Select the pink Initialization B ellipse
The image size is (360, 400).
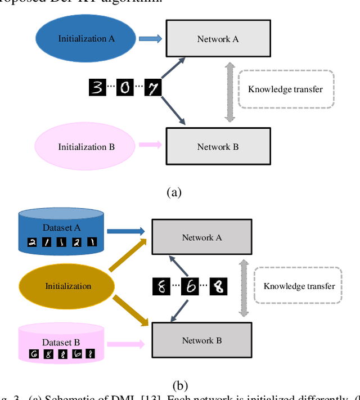pyautogui.click(x=86, y=146)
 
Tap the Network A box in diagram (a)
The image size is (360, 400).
pyautogui.click(x=218, y=39)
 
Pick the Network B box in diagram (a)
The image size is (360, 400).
pyautogui.click(x=218, y=146)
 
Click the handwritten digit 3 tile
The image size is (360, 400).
pyautogui.click(x=97, y=88)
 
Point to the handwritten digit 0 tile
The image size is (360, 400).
pyautogui.click(x=125, y=88)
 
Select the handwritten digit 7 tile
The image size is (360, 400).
pyautogui.click(x=152, y=88)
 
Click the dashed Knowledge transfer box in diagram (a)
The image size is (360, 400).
pyautogui.click(x=286, y=89)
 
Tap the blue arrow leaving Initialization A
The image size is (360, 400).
pyautogui.click(x=150, y=38)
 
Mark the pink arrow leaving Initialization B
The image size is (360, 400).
pyautogui.click(x=150, y=145)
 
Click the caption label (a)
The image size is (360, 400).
pyautogui.click(x=174, y=192)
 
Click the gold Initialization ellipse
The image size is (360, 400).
pyautogui.click(x=68, y=286)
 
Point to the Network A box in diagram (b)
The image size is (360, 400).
pyautogui.click(x=202, y=237)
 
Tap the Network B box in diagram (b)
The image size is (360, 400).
pyautogui.click(x=202, y=340)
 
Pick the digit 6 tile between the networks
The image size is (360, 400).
pyautogui.click(x=191, y=287)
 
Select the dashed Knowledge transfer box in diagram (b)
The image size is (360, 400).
pyautogui.click(x=299, y=286)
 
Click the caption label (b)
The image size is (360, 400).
pyautogui.click(x=180, y=385)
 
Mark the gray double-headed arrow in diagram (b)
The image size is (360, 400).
pyautogui.click(x=244, y=288)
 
